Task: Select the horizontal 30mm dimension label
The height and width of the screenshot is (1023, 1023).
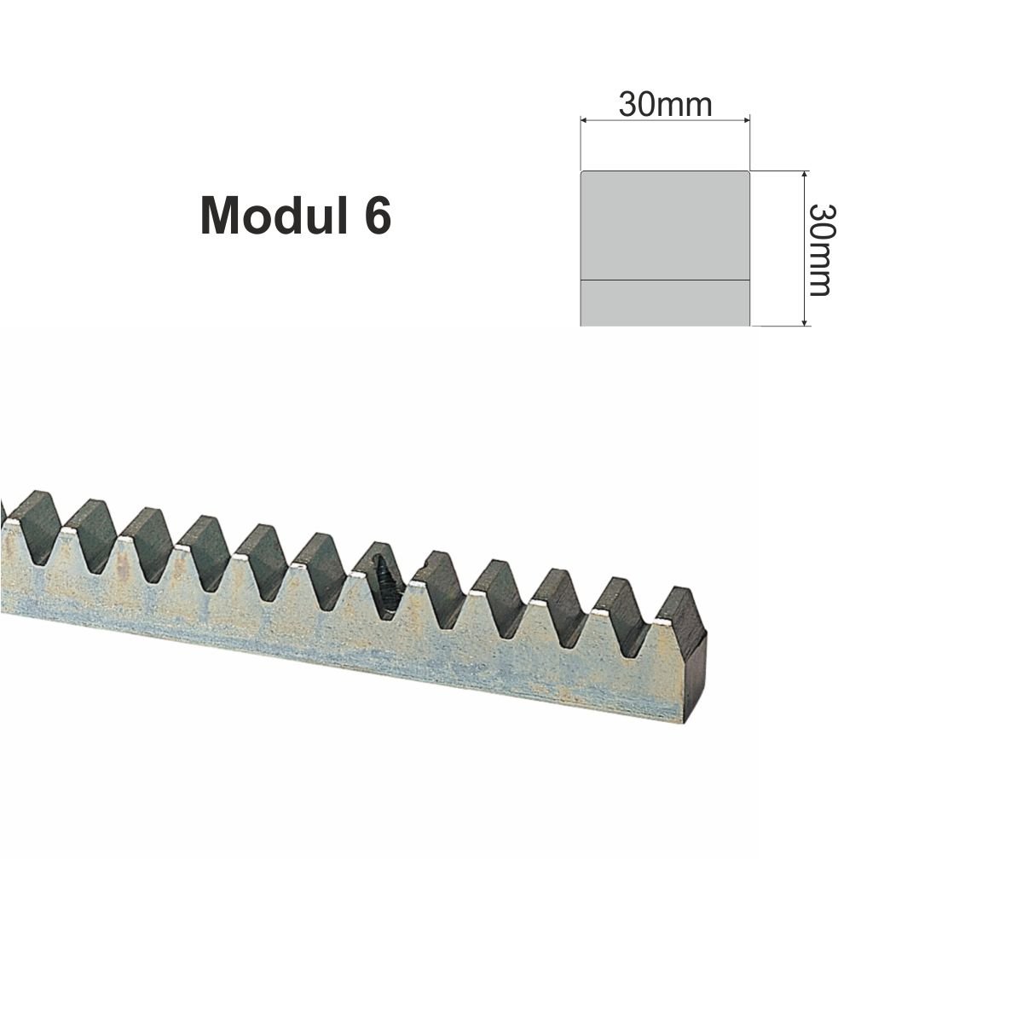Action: pos(665,105)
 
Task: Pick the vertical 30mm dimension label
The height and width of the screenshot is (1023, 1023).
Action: pos(821,250)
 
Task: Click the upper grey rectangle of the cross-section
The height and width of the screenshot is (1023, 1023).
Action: pos(665,225)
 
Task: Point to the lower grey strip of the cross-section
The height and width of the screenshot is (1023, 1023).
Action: pos(665,303)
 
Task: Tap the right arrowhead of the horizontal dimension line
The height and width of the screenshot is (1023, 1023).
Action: pos(745,120)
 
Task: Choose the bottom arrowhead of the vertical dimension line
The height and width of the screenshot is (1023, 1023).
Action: pos(805,321)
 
